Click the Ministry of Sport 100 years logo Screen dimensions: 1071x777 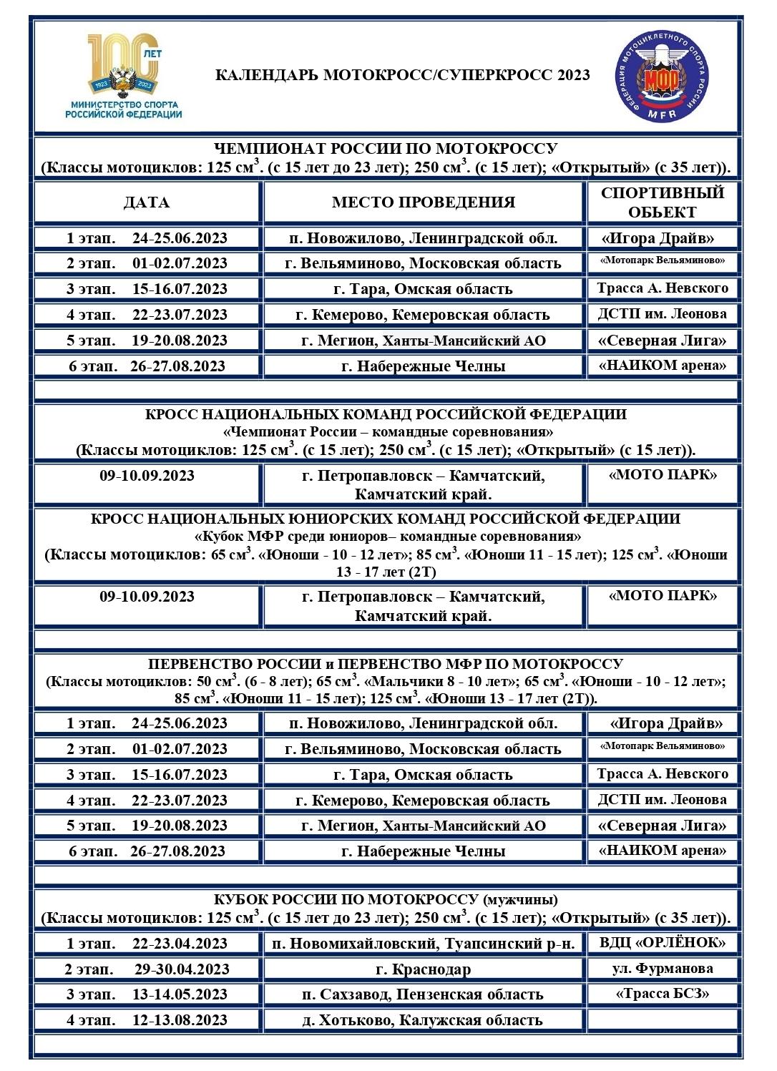tap(123, 76)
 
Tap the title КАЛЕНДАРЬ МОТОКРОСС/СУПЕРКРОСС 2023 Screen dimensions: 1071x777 tap(402, 75)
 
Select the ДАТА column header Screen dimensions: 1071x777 tap(147, 202)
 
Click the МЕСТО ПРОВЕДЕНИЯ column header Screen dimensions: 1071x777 tap(423, 202)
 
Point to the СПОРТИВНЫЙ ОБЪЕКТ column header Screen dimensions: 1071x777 tap(662, 202)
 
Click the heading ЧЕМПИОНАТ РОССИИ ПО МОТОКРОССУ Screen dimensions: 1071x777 tap(386, 149)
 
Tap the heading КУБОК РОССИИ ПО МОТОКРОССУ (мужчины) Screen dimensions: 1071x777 tap(386, 899)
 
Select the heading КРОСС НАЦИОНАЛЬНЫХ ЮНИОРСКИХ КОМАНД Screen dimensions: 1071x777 tap(386, 519)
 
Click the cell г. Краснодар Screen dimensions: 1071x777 tap(423, 969)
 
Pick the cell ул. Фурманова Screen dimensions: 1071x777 tap(662, 969)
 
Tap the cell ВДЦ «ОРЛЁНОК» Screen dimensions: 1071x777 tap(662, 943)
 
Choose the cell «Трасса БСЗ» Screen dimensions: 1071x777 tap(662, 994)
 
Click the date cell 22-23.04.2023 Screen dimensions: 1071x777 tap(180, 944)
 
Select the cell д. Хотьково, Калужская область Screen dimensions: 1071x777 tap(423, 1020)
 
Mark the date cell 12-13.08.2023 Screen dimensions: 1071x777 tap(180, 1020)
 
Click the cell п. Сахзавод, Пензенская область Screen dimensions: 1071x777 tap(423, 994)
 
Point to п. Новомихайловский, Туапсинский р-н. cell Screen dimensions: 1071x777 tap(423, 944)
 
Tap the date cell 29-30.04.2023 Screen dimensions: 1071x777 tap(182, 969)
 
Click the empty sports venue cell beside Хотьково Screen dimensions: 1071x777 tap(662, 1020)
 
